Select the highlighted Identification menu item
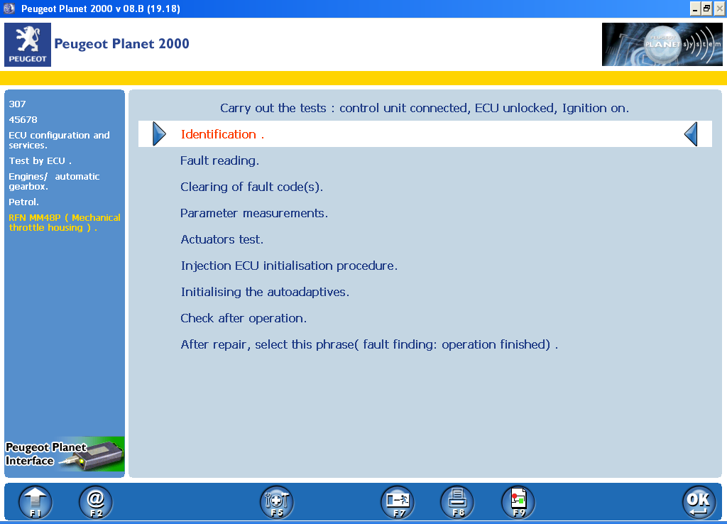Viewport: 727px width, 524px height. coord(222,134)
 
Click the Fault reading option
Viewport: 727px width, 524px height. coord(219,160)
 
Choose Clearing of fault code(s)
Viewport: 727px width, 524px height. coord(251,187)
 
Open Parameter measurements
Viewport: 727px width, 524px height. coord(253,213)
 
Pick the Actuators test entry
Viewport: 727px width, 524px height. coord(222,239)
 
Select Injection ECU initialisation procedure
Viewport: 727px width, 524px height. coord(289,266)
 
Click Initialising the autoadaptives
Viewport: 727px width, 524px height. coord(265,292)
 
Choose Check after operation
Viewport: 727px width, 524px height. coord(244,318)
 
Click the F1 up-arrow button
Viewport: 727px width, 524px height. coord(35,502)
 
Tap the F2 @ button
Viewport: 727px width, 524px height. coord(96,502)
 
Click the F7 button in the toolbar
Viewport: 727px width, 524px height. coord(398,502)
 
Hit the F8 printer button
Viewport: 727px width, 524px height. coord(458,502)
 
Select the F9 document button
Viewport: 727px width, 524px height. coord(518,502)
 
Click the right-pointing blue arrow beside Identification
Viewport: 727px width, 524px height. coord(159,133)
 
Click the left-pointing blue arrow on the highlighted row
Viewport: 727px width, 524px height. coord(691,133)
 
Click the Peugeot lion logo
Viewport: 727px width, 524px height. coord(28,44)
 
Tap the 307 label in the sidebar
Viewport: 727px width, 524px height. coord(18,104)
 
